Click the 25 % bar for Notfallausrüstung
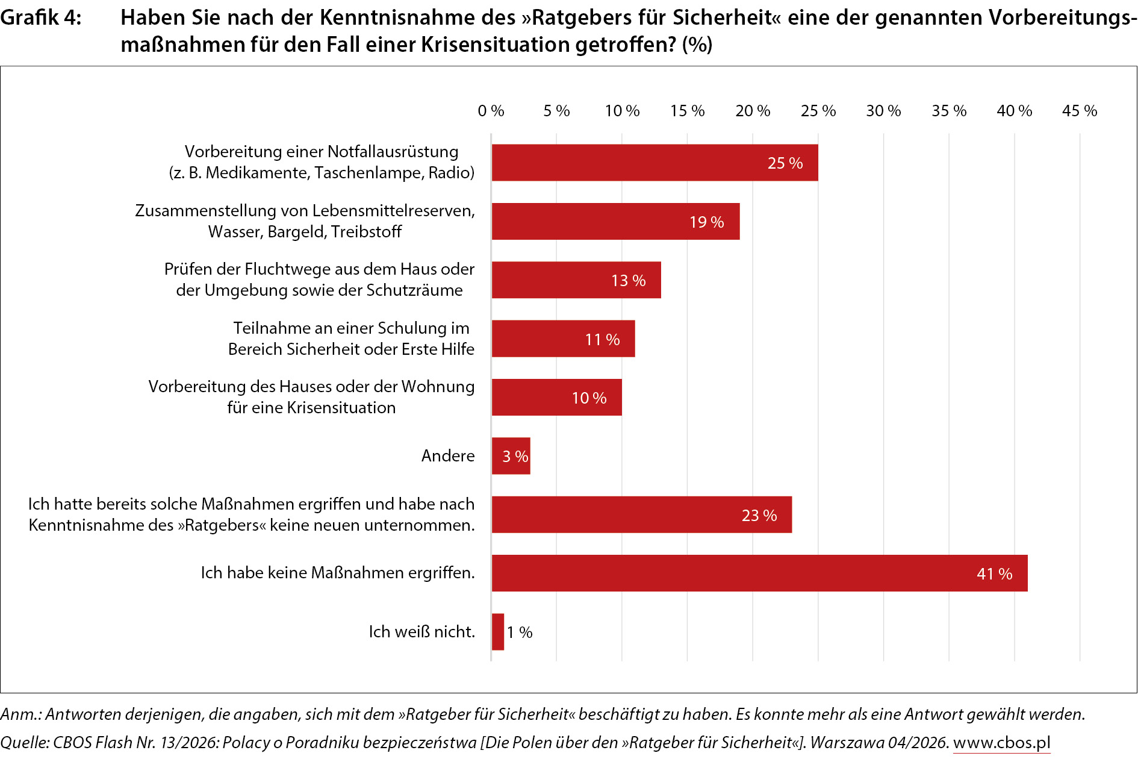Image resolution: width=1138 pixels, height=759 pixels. click(x=655, y=163)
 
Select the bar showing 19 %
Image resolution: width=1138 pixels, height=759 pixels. click(x=615, y=222)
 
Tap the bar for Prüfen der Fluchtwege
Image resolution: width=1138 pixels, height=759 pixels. click(x=576, y=280)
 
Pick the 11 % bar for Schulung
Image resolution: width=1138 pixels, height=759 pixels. click(x=563, y=339)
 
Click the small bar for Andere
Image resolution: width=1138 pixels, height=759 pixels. click(x=511, y=456)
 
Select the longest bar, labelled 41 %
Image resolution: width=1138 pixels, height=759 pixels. click(x=759, y=573)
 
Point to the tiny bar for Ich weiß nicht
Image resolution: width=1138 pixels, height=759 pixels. click(x=498, y=632)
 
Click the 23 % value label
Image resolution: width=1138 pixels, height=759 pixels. click(x=759, y=516)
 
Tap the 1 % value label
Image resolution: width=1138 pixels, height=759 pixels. click(x=520, y=632)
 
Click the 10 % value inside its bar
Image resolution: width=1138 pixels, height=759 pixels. click(x=589, y=398)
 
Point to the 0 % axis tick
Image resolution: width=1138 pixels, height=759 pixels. click(x=491, y=111)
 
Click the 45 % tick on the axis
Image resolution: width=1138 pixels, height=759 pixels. click(x=1080, y=111)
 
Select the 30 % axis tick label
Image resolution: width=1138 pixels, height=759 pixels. click(x=883, y=111)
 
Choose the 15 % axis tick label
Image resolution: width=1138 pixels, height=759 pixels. click(x=687, y=111)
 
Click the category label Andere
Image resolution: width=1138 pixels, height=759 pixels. click(x=448, y=456)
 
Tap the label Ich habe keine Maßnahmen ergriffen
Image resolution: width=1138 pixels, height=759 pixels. click(x=338, y=573)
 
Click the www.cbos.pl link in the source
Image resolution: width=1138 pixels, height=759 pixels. click(x=1001, y=743)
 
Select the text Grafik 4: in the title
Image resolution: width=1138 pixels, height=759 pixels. click(x=40, y=18)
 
